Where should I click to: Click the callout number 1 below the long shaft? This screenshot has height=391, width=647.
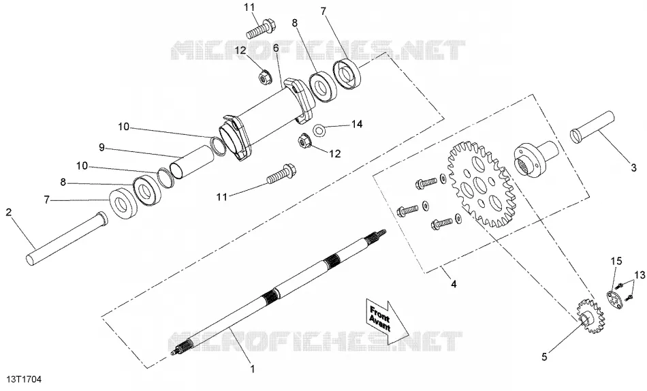(x=253, y=369)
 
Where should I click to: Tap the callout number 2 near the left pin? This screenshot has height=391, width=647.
(x=9, y=213)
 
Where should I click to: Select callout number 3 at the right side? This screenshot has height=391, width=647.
(x=634, y=168)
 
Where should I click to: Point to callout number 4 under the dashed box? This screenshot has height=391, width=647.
(x=454, y=284)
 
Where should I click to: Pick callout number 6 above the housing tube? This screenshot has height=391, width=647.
(x=276, y=48)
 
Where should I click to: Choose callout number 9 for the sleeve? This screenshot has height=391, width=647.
(x=102, y=146)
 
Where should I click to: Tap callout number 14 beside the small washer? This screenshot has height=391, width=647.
(x=356, y=124)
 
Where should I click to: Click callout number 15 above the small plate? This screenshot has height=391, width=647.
(x=616, y=261)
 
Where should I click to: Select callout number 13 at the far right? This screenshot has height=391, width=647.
(x=640, y=275)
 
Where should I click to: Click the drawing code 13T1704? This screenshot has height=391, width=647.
(x=24, y=379)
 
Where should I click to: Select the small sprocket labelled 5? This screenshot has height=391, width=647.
(x=591, y=317)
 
